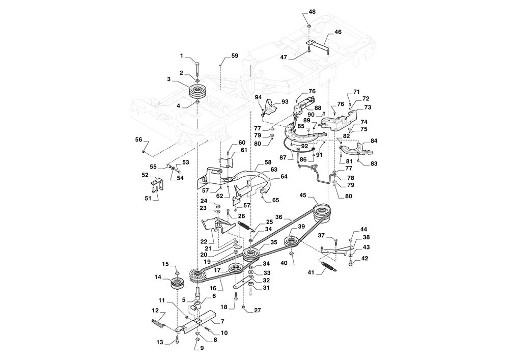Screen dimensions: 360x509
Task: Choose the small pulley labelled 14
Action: (x=178, y=284)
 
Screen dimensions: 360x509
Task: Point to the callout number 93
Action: (x=285, y=102)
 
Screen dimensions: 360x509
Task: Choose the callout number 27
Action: (x=257, y=310)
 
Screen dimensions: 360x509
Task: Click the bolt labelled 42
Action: (x=351, y=263)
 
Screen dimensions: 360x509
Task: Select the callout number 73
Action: (x=367, y=107)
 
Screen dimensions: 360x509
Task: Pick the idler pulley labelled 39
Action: (x=292, y=241)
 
